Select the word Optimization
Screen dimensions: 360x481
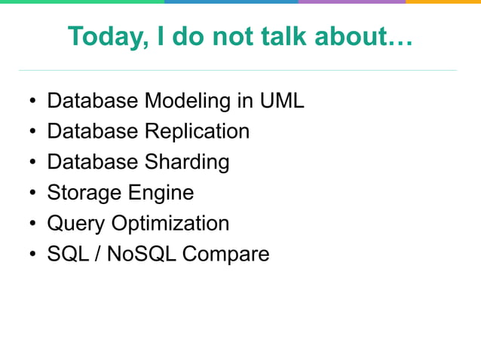[x=170, y=224]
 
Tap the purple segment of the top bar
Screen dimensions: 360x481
[x=351, y=2]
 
